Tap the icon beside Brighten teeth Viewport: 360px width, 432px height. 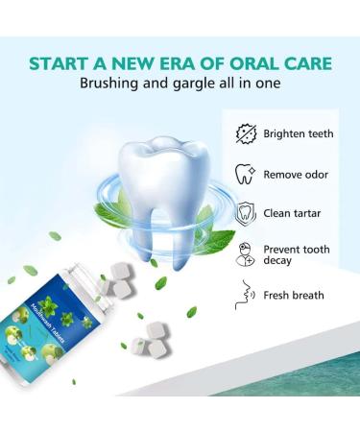tap(246, 133)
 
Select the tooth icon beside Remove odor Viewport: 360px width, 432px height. tap(246, 173)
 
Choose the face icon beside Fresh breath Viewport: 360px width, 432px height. tap(246, 295)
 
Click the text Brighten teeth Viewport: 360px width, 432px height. tap(299, 133)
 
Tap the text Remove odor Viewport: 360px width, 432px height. tap(298, 174)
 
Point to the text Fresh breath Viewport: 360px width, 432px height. tap(295, 296)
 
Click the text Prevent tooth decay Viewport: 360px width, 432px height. tap(297, 255)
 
